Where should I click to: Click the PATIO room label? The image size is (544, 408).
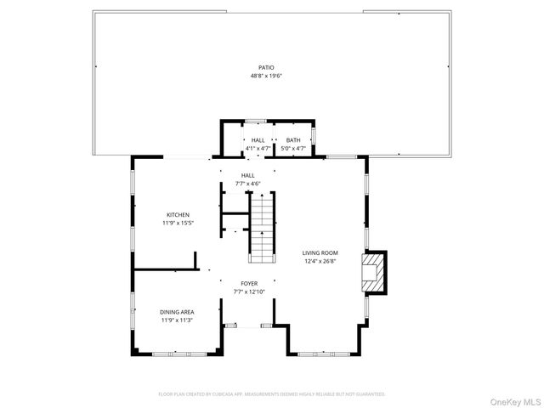tap(266, 67)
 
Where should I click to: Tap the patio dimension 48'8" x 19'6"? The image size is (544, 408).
tap(266, 76)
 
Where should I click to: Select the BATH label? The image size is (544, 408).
tap(292, 140)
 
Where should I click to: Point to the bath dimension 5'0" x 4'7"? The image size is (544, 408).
tap(292, 149)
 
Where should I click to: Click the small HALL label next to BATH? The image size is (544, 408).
tap(258, 140)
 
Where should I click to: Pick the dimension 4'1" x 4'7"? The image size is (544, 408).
tap(258, 149)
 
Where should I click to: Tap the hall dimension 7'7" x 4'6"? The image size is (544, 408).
tap(247, 184)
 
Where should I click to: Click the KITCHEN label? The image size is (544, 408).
tap(178, 214)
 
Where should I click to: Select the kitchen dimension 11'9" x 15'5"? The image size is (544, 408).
tap(178, 223)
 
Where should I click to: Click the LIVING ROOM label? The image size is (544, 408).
tap(320, 252)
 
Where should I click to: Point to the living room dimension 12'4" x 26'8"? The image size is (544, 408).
tap(320, 261)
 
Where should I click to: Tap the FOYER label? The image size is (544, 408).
tap(249, 284)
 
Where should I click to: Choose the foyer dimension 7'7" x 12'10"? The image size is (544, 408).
tap(249, 292)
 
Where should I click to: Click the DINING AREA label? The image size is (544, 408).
tap(177, 312)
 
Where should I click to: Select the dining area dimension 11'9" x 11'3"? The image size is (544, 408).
tap(177, 320)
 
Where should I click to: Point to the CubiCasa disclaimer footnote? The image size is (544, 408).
tap(272, 394)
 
